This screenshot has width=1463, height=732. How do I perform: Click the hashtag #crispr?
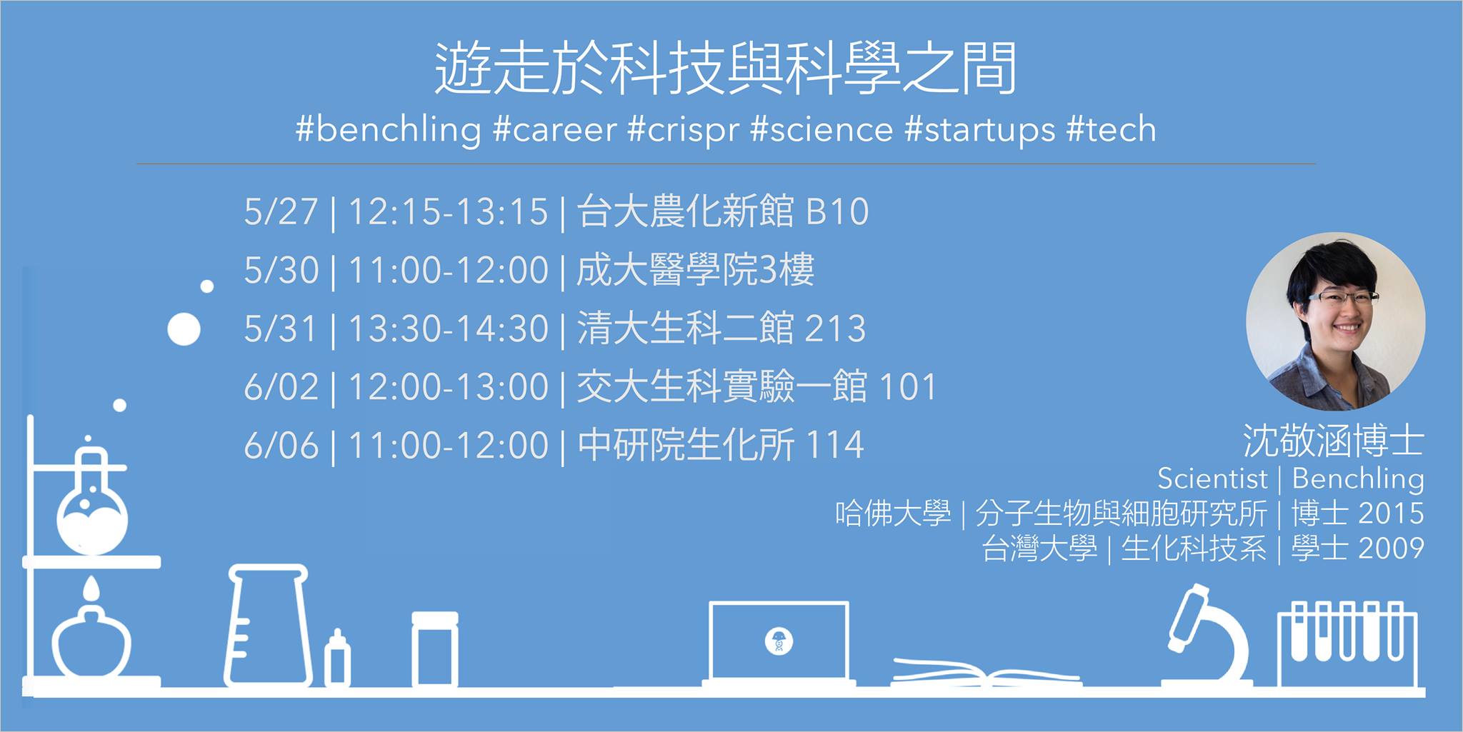pyautogui.click(x=683, y=130)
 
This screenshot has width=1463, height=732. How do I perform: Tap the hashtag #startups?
pyautogui.click(x=979, y=130)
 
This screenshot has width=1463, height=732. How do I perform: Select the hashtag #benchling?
pyautogui.click(x=389, y=130)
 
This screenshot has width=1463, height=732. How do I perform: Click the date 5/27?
pyautogui.click(x=281, y=211)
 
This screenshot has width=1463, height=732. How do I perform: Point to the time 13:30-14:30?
pyautogui.click(x=448, y=329)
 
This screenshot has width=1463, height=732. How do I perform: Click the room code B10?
pyautogui.click(x=837, y=211)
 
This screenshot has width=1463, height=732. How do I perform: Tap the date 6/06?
pyautogui.click(x=281, y=446)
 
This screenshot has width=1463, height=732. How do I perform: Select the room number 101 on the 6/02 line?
pyautogui.click(x=907, y=387)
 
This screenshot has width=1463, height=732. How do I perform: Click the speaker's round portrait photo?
pyautogui.click(x=1335, y=321)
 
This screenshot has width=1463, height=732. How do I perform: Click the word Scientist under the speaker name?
pyautogui.click(x=1212, y=478)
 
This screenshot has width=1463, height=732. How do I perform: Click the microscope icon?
pyautogui.click(x=1207, y=636)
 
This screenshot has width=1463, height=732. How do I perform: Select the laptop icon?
pyautogui.click(x=778, y=643)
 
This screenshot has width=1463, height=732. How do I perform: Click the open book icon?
pyautogui.click(x=986, y=672)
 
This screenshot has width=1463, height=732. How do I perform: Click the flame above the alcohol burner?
pyautogui.click(x=91, y=589)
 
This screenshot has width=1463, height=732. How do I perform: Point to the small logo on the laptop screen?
pyautogui.click(x=778, y=641)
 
